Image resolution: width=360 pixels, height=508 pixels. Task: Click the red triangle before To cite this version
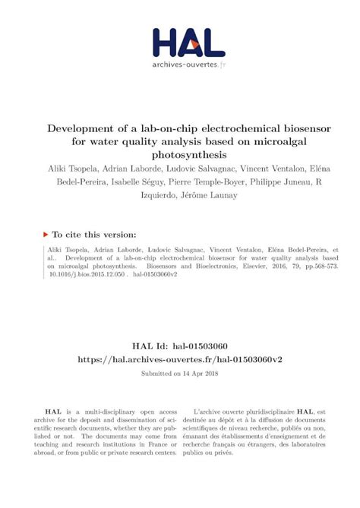48,236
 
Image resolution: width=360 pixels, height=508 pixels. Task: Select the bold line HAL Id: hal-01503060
180,323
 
